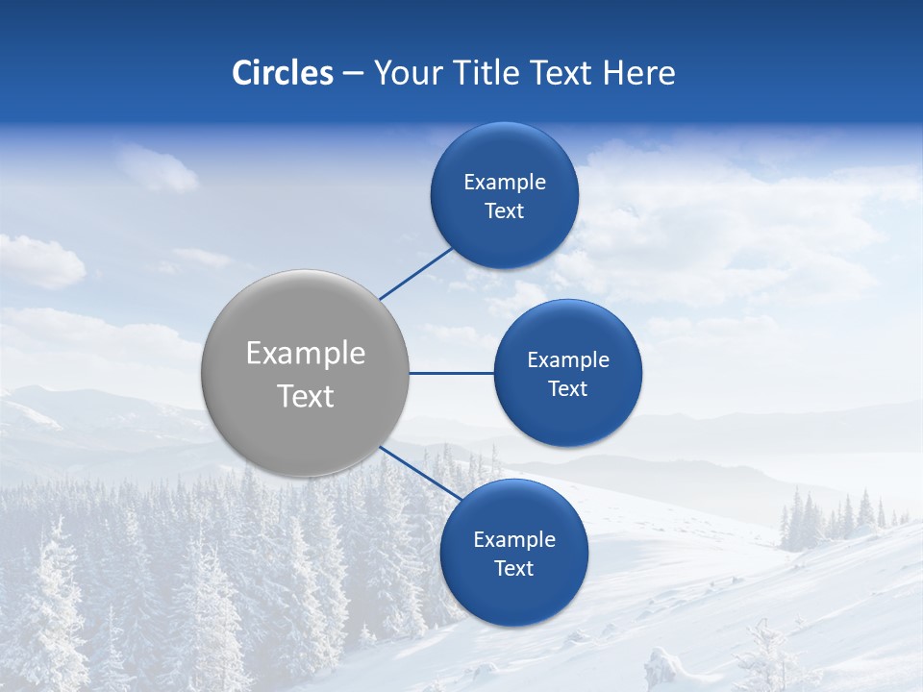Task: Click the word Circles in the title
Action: [282, 73]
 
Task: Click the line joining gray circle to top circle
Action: [416, 273]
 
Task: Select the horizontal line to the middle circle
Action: [451, 373]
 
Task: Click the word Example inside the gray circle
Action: [305, 354]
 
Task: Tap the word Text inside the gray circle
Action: [305, 396]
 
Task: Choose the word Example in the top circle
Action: [504, 183]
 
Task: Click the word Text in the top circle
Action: [504, 211]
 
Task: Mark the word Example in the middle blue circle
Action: [567, 360]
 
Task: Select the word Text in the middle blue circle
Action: [567, 389]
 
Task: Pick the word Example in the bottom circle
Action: [513, 540]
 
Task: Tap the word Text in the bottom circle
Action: [513, 569]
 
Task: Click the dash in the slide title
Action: [353, 74]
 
